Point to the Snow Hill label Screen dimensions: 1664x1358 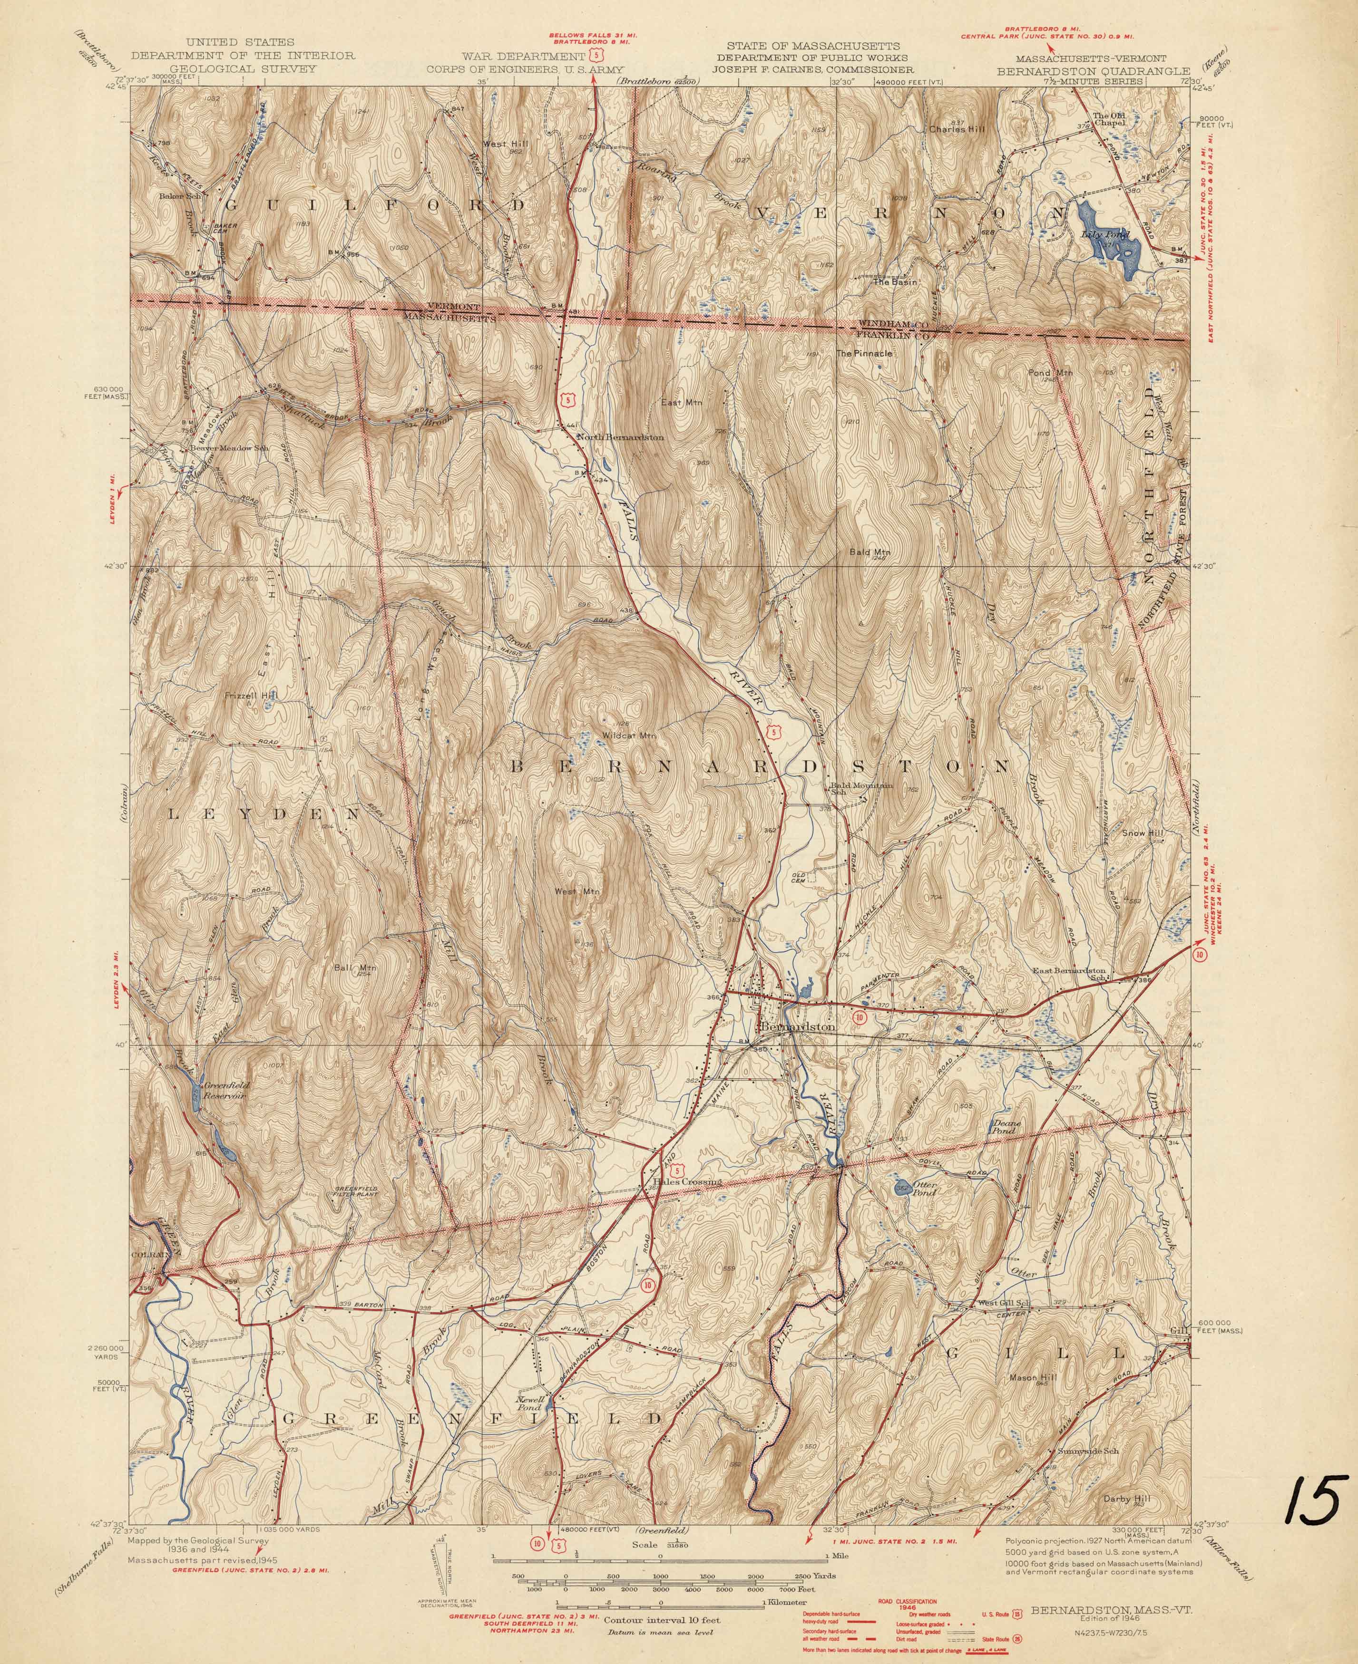click(1143, 833)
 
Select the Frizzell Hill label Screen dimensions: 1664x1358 click(250, 695)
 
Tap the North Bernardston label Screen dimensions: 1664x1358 click(620, 437)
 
